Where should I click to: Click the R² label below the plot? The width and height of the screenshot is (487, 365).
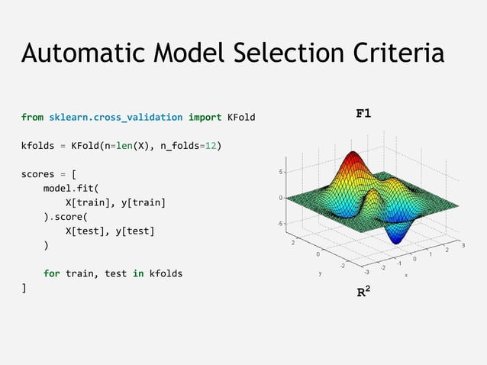click(x=366, y=292)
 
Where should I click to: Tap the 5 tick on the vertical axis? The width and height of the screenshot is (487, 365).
click(x=282, y=173)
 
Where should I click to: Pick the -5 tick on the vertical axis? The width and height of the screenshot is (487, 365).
click(x=282, y=223)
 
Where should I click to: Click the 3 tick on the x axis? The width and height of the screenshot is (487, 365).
click(x=463, y=245)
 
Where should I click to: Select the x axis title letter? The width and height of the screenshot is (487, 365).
click(x=406, y=276)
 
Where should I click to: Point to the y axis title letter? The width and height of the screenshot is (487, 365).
click(x=320, y=272)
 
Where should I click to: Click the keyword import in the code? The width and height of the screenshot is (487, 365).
click(x=205, y=118)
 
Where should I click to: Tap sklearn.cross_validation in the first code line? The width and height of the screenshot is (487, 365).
click(x=115, y=118)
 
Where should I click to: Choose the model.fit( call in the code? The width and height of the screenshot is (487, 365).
click(x=71, y=188)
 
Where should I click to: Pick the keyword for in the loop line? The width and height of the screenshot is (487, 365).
click(x=51, y=273)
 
